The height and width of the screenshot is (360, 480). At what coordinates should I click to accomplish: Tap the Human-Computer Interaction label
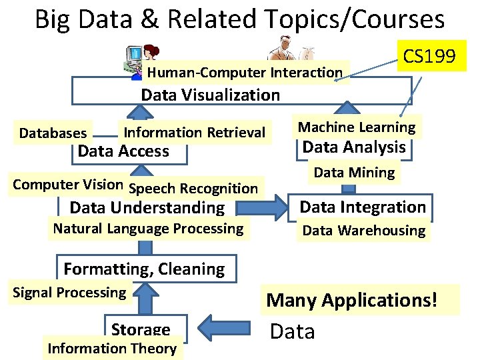[x=245, y=73]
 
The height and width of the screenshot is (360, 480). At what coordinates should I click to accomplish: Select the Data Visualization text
[x=210, y=95]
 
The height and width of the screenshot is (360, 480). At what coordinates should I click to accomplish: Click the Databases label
[x=53, y=133]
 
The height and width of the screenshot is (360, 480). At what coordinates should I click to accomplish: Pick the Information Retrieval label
[x=195, y=133]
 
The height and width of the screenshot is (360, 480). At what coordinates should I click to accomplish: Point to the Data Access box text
[x=123, y=151]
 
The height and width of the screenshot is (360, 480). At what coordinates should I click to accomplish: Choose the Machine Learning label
[x=357, y=127]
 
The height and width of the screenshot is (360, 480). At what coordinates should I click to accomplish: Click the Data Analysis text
[x=354, y=147]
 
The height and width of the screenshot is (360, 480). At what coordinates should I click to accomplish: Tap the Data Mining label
[x=354, y=173]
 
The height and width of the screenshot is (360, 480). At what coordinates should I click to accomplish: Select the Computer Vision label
[x=68, y=185]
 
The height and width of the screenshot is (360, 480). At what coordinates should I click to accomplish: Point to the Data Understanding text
[x=147, y=208]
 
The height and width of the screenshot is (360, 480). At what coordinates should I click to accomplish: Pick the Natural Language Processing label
[x=148, y=229]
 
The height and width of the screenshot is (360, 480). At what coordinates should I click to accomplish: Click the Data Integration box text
[x=362, y=207]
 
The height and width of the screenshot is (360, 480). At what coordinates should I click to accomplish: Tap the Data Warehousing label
[x=363, y=231]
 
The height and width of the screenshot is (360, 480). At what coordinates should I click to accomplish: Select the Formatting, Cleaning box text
[x=144, y=269]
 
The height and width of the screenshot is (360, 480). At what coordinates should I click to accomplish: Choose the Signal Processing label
[x=69, y=292]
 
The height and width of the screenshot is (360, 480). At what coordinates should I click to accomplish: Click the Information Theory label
[x=112, y=348]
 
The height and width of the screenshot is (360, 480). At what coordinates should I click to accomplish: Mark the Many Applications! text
[x=352, y=300]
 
